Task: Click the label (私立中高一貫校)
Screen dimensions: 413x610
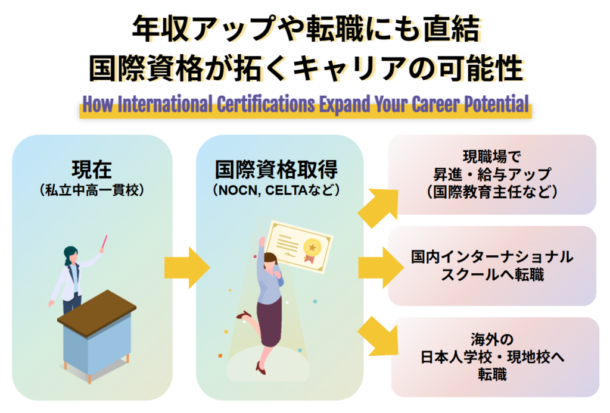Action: click(92, 190)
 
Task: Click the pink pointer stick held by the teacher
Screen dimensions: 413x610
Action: click(105, 242)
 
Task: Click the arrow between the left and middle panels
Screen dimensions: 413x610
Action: click(186, 268)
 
